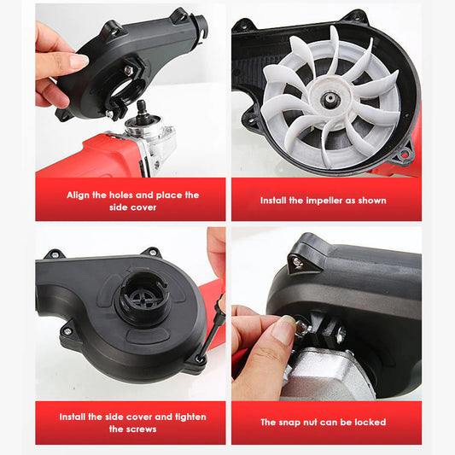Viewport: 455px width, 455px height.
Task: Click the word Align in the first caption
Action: [x=78, y=195]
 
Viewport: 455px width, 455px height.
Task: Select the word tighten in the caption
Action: [x=190, y=417]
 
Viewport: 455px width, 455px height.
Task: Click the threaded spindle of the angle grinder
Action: [x=143, y=109]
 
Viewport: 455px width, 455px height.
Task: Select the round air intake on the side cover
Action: [x=144, y=298]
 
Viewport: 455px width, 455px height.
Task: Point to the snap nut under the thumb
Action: [x=302, y=329]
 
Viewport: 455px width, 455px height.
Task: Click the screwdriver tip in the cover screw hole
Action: [x=200, y=358]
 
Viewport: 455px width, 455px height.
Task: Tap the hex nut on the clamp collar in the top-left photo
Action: [x=129, y=70]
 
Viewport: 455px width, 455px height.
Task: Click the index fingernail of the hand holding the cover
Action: [x=79, y=60]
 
